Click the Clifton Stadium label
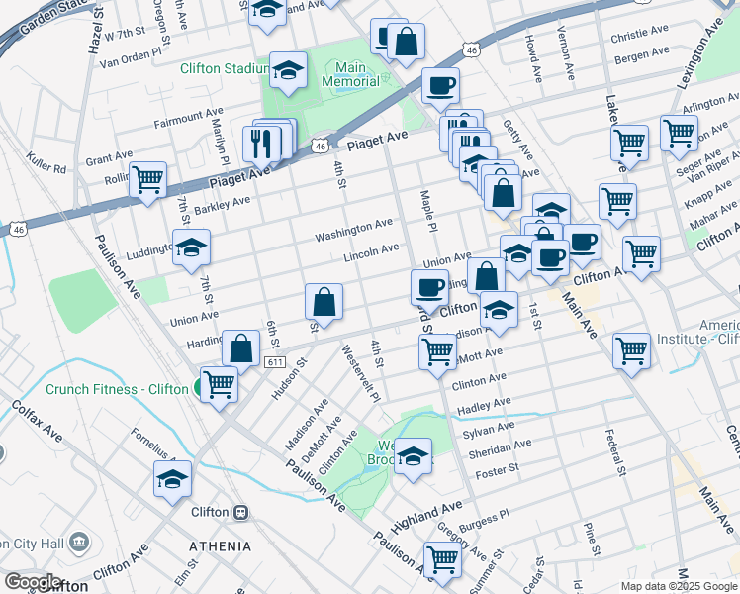(x=224, y=69)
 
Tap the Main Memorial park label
(x=350, y=74)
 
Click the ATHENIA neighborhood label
(x=219, y=546)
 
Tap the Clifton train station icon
(x=239, y=514)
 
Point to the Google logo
(x=32, y=581)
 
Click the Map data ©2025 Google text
(x=679, y=586)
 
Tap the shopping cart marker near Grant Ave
(x=147, y=180)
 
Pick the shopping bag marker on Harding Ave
(x=241, y=347)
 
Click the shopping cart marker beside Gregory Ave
(x=442, y=559)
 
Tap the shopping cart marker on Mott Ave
(x=437, y=349)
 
